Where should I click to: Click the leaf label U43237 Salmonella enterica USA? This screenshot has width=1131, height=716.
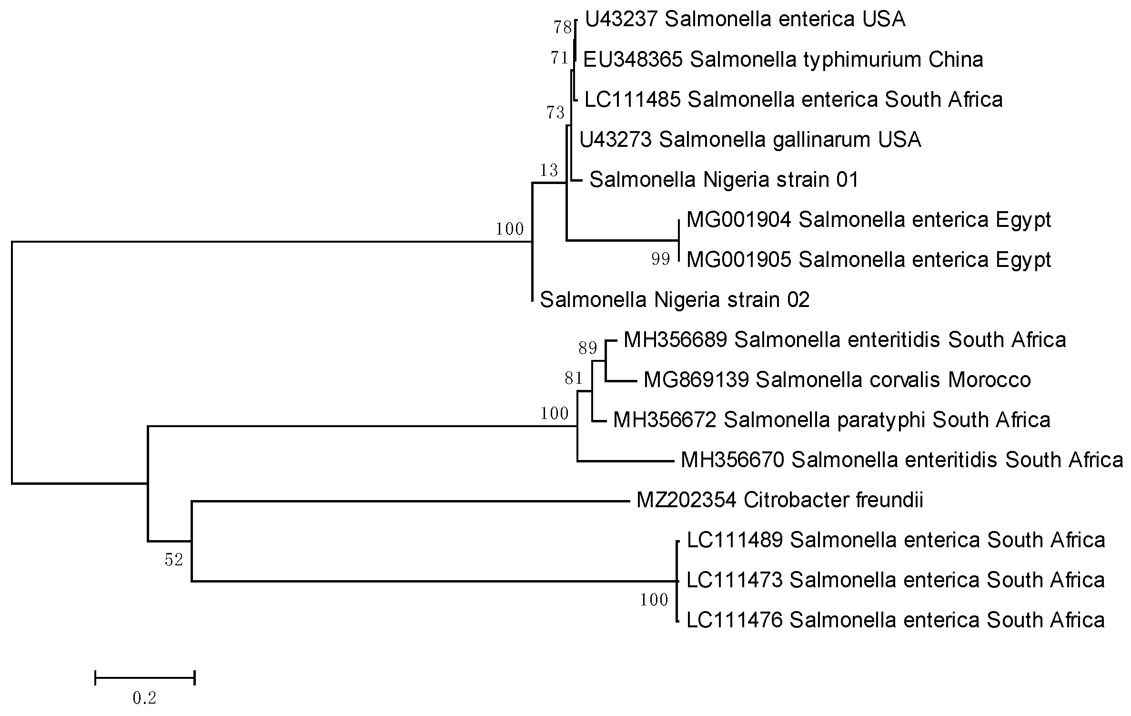click(x=745, y=20)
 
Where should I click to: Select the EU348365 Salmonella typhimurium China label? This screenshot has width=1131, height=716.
click(x=783, y=60)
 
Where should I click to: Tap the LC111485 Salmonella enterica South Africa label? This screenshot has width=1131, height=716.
click(x=793, y=100)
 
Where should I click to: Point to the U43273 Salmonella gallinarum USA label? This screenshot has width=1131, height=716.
click(x=750, y=140)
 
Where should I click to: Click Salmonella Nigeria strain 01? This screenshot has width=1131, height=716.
click(x=724, y=180)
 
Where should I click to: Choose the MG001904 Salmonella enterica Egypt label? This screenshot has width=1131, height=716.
click(x=868, y=220)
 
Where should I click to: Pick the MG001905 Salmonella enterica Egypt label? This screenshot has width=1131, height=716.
click(x=868, y=260)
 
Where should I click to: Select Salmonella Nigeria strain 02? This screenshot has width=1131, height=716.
click(x=675, y=300)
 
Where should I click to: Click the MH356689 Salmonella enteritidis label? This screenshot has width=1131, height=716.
click(x=845, y=340)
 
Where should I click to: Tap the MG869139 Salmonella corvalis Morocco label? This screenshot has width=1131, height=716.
click(x=837, y=380)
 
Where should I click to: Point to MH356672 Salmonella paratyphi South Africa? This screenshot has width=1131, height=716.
click(x=831, y=420)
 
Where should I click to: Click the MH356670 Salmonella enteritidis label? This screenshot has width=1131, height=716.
click(x=902, y=460)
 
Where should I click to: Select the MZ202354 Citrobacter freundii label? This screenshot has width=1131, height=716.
click(x=780, y=500)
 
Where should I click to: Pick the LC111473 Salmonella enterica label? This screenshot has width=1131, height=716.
click(x=896, y=580)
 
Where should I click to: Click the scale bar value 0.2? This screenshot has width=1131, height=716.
click(x=144, y=698)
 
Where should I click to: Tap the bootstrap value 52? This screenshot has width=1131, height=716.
click(x=174, y=560)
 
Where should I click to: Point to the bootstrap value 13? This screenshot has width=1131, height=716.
click(x=549, y=170)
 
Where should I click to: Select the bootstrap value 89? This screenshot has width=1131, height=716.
click(x=588, y=348)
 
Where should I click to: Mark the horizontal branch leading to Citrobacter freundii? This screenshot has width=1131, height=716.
click(x=410, y=501)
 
